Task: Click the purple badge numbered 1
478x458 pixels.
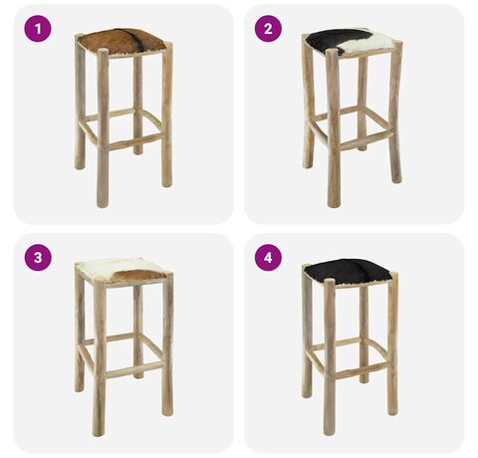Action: pyautogui.click(x=38, y=29)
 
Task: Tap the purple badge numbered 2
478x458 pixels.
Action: pyautogui.click(x=268, y=29)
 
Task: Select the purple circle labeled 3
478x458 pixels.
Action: pyautogui.click(x=38, y=258)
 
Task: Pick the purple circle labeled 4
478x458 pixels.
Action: pyautogui.click(x=268, y=258)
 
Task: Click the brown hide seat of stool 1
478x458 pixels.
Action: pyautogui.click(x=121, y=41)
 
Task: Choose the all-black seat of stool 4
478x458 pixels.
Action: pyautogui.click(x=348, y=272)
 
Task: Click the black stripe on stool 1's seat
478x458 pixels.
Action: pyautogui.click(x=137, y=41)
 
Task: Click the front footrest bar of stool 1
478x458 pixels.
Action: pyautogui.click(x=135, y=141)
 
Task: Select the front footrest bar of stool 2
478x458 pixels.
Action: pyautogui.click(x=364, y=139)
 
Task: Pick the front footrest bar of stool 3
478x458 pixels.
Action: pyautogui.click(x=134, y=368)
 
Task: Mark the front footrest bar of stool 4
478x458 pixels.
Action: pyautogui.click(x=361, y=369)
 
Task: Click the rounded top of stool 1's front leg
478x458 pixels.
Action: pyautogui.click(x=103, y=52)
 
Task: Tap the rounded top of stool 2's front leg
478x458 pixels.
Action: pyautogui.click(x=332, y=53)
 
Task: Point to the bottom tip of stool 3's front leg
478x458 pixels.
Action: pyautogui.click(x=99, y=435)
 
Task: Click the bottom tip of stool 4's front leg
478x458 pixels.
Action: pyautogui.click(x=330, y=433)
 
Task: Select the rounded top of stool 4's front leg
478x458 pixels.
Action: pyautogui.click(x=330, y=282)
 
